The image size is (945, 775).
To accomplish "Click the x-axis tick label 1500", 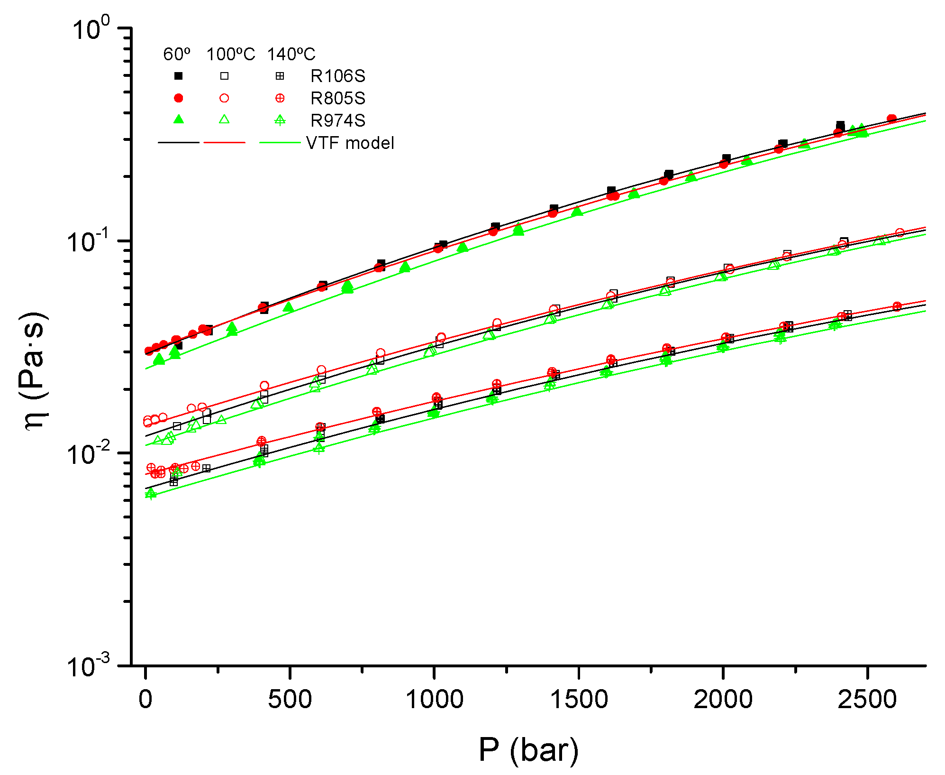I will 579,700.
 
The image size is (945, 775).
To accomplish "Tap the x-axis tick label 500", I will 290,700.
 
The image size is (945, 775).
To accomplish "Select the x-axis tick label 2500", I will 867,700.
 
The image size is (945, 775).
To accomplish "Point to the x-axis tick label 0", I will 145,700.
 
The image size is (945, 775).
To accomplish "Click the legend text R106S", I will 337,76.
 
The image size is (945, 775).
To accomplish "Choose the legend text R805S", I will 337,98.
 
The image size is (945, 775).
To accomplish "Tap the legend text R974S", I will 337,120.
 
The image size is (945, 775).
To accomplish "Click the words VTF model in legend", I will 350,143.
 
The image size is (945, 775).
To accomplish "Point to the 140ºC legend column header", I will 291,55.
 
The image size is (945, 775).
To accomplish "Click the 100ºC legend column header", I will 230,55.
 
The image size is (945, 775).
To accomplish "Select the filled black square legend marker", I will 179,76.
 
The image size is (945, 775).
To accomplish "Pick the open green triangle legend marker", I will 224,120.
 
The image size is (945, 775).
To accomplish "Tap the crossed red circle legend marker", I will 280,98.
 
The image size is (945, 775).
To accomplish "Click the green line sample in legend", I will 280,142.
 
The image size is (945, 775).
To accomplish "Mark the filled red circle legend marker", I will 179,98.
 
